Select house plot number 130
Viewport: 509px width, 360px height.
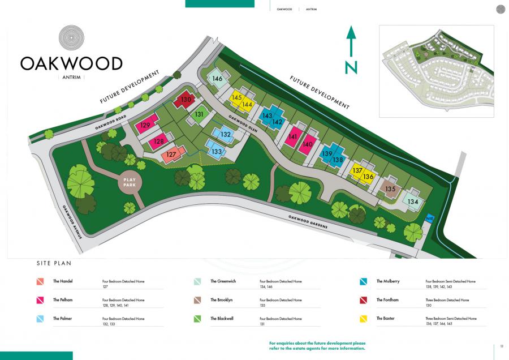tap(186, 101)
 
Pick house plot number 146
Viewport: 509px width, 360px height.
tap(218, 79)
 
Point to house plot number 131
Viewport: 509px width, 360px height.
tap(199, 114)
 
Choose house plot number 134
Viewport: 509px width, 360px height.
tap(413, 202)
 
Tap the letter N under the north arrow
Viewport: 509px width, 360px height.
tap(351, 67)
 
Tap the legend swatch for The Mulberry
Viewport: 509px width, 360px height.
tap(364, 281)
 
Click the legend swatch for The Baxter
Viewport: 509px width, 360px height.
tap(364, 319)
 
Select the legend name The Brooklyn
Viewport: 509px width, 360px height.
tap(221, 299)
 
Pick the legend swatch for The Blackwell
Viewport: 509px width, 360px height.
tap(198, 319)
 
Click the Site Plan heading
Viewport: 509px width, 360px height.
tap(54, 263)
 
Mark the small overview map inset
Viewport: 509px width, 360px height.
tap(436, 71)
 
